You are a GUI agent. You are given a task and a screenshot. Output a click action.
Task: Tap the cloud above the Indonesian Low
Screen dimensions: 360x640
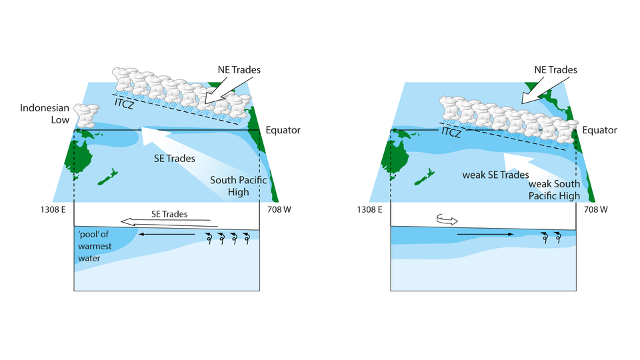[x=86, y=115]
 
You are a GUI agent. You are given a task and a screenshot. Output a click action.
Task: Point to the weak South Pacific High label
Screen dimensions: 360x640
[x=553, y=190]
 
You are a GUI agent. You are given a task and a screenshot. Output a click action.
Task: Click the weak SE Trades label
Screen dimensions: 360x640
[x=495, y=175]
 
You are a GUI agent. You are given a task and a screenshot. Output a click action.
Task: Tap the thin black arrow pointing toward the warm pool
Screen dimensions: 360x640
[x=169, y=234]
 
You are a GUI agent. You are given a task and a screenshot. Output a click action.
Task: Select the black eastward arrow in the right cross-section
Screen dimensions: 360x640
[x=485, y=234]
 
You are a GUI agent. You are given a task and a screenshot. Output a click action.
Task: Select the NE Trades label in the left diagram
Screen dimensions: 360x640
[x=239, y=69]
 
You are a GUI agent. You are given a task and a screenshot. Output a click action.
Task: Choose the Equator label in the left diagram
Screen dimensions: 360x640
[x=283, y=130]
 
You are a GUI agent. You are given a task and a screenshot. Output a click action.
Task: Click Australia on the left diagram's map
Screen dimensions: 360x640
[x=84, y=158]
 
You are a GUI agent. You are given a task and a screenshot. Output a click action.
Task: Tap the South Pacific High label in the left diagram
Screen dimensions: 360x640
[x=231, y=186]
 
